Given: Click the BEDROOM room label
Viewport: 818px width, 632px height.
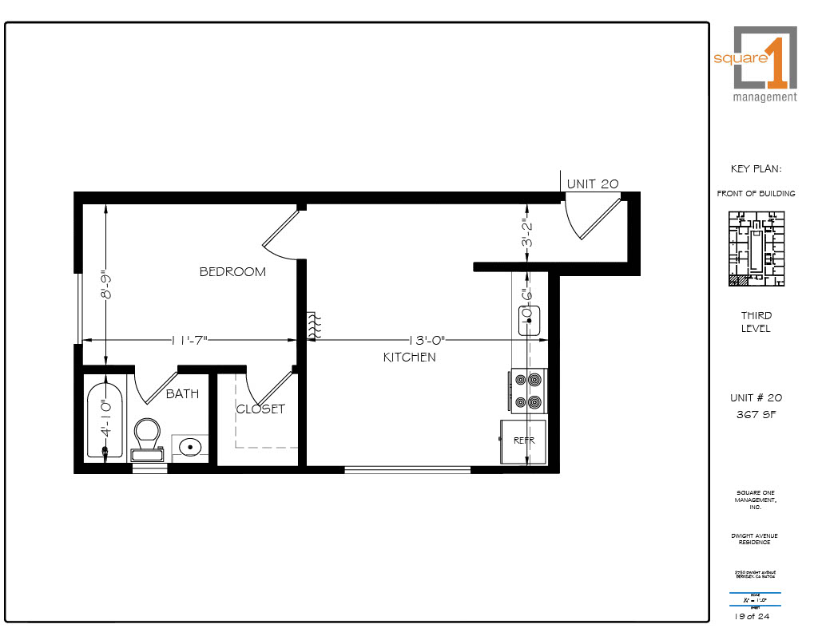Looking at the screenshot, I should coord(232,272).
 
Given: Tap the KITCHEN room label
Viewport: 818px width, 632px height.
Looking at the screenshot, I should coord(410,357).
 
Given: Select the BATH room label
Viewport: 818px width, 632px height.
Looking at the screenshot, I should coord(182,393).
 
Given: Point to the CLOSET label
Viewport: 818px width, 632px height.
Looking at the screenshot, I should coord(260,409).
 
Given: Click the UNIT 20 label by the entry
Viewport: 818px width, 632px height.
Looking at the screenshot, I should coord(593,184).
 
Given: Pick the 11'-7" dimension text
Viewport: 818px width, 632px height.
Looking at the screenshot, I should coord(189,340).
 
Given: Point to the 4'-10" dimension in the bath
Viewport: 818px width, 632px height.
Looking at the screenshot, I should coord(105,418).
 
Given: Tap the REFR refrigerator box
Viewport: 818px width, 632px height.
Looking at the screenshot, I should coord(523,440).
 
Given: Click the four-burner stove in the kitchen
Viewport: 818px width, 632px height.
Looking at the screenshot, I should coord(527,391).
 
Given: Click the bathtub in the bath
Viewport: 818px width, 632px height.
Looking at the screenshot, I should coord(105,421).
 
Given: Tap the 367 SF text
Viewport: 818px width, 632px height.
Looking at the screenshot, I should coord(756,414).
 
